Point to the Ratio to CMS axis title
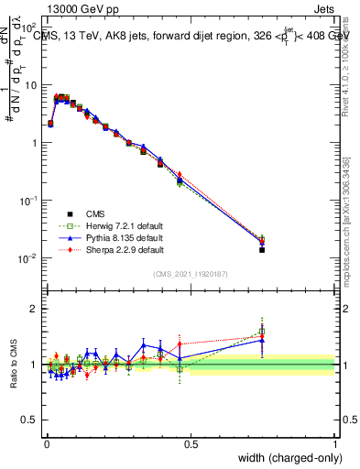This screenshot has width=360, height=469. click(12, 364)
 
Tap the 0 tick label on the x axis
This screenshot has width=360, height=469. click(46, 442)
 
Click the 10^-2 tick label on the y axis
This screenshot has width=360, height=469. click(28, 258)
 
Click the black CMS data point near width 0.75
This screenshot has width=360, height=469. click(261, 249)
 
